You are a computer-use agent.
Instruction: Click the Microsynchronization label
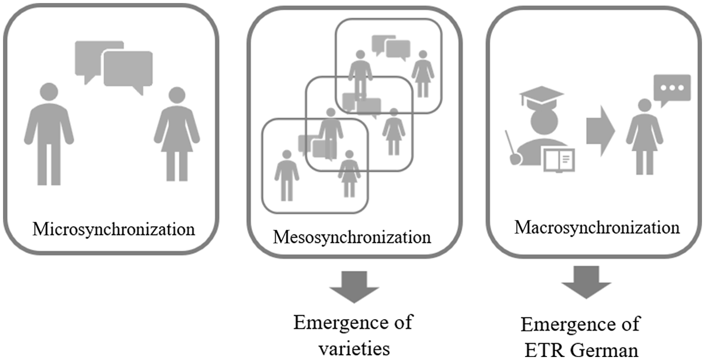pos(114,230)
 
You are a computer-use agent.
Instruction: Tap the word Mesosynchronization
pos(352,236)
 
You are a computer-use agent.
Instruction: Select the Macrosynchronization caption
pos(597,228)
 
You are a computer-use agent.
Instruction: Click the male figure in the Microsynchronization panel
pos(48,132)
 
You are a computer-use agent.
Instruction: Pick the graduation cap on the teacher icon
pos(541,96)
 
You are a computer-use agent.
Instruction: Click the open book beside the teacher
pos(558,160)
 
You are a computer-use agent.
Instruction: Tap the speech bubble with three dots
pos(674,89)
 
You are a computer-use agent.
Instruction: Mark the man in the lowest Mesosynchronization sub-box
pos(287,175)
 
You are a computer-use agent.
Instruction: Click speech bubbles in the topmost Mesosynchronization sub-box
pos(391,46)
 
